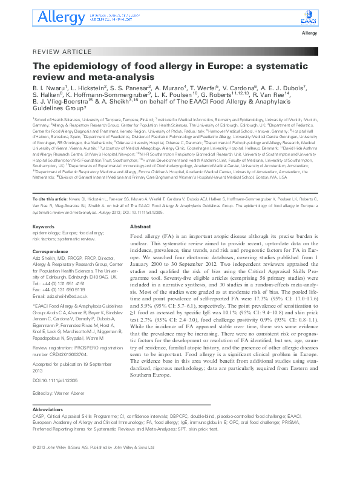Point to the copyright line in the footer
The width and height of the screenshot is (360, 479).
click(x=93, y=464)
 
